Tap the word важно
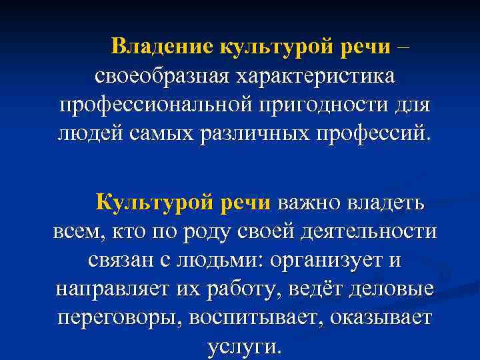(307, 201)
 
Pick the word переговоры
(121, 318)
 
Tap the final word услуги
(240, 347)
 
